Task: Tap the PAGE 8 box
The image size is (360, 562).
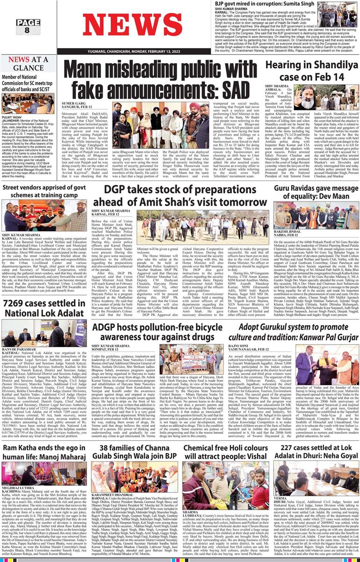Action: (27, 26)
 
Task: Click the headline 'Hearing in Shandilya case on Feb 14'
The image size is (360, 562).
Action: (312, 70)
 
